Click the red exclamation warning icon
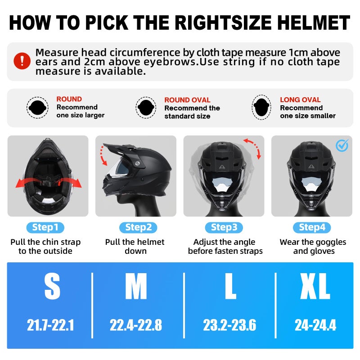pyautogui.click(x=22, y=61)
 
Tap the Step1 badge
pyautogui.click(x=45, y=227)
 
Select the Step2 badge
pyautogui.click(x=135, y=227)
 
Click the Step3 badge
pyautogui.click(x=224, y=227)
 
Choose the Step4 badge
pyautogui.click(x=312, y=227)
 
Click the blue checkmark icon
pyautogui.click(x=342, y=145)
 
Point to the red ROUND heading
pyautogui.click(x=69, y=99)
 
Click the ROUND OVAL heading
pyautogui.click(x=187, y=100)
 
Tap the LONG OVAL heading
pyautogui.click(x=300, y=100)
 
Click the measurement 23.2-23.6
pyautogui.click(x=229, y=325)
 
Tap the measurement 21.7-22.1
pyautogui.click(x=50, y=325)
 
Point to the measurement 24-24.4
pyautogui.click(x=315, y=325)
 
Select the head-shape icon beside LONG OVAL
pyautogui.click(x=262, y=107)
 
